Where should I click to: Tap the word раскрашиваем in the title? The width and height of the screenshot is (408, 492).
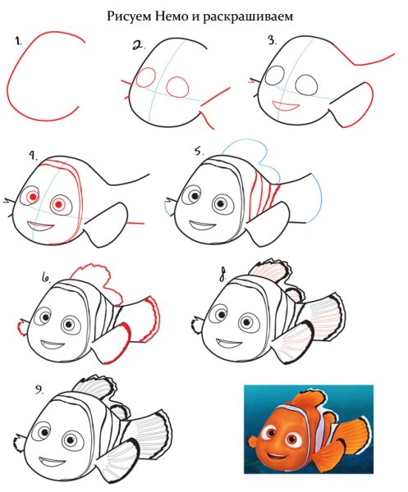[247, 17]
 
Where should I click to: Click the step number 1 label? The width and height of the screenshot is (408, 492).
[17, 40]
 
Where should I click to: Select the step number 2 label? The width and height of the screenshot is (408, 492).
[139, 45]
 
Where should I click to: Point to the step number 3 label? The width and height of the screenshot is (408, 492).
[272, 40]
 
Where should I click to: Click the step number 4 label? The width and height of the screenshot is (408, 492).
[33, 156]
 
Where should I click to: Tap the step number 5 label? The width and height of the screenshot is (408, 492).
[199, 151]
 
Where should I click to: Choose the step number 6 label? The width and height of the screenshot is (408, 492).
[46, 278]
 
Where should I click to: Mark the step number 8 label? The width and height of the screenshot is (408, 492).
[222, 276]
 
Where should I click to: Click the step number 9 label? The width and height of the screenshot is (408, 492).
[39, 389]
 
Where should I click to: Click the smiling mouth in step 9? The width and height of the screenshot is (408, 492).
[53, 462]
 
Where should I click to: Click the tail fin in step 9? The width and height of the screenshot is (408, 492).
[151, 430]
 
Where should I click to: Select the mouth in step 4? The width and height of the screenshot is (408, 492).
[41, 226]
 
